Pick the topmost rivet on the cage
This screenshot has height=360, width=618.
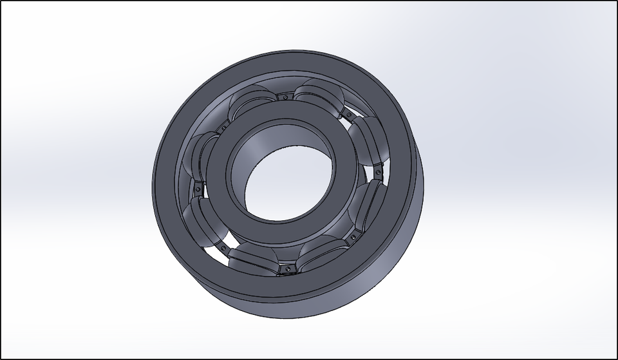[284, 97]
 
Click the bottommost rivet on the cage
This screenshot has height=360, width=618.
[288, 267]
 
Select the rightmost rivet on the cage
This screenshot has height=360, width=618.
[378, 172]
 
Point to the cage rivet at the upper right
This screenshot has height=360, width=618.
[348, 116]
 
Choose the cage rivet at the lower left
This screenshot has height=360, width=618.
[223, 247]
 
